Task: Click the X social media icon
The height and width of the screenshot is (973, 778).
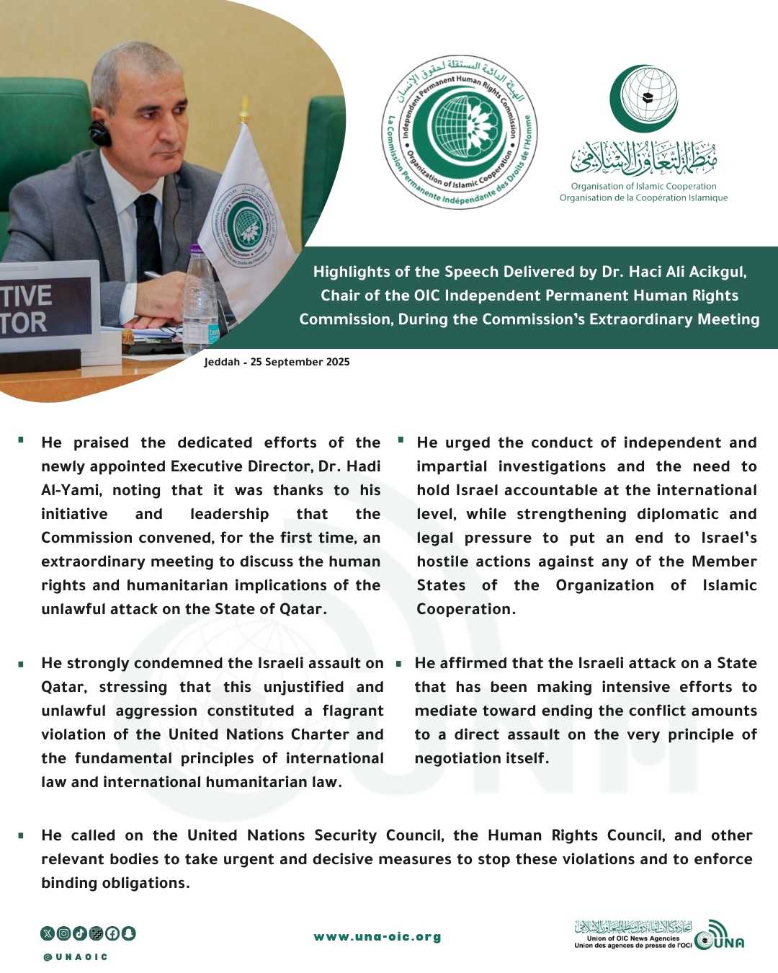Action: click(48, 933)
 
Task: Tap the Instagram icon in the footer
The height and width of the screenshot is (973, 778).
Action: click(63, 933)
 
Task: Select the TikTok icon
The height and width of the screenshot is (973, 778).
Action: click(79, 933)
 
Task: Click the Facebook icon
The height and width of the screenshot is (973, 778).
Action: click(112, 933)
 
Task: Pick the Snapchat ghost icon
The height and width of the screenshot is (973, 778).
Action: click(128, 933)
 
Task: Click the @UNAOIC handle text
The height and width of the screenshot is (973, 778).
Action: click(76, 957)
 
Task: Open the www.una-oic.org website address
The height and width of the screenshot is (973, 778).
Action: click(377, 937)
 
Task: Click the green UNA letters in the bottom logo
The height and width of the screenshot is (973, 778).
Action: click(729, 943)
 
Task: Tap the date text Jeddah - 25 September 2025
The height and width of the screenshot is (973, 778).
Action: click(277, 362)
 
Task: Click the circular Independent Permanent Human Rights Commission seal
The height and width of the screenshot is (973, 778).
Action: click(459, 132)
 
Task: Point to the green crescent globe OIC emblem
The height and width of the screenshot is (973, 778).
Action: click(643, 99)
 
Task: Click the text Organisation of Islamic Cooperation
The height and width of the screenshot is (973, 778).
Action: click(643, 186)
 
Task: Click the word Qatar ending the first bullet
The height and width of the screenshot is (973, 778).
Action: click(300, 609)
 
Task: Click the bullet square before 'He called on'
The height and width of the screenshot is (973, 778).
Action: click(22, 836)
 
